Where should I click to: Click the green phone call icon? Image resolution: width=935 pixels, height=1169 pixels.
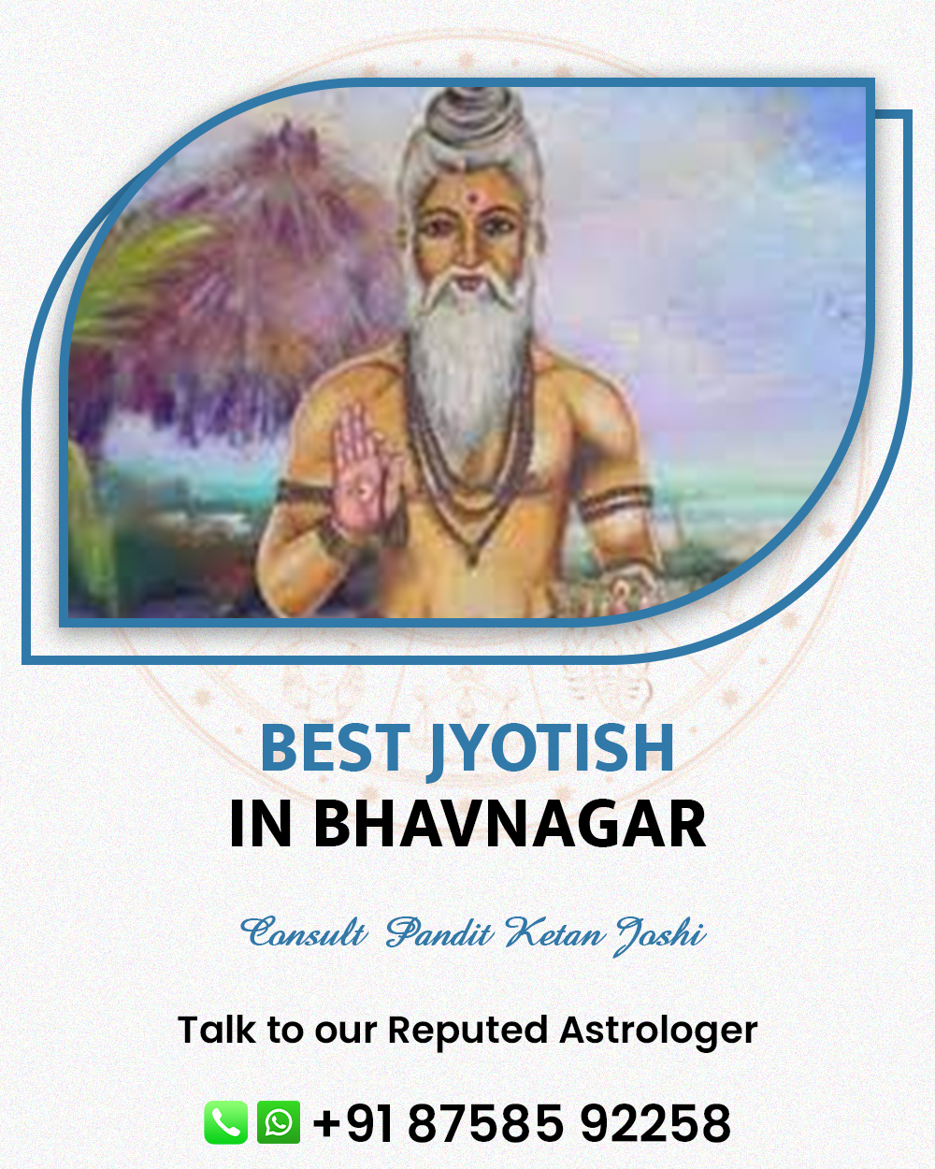tap(225, 1122)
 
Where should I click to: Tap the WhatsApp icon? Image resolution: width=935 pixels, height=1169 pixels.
tap(279, 1122)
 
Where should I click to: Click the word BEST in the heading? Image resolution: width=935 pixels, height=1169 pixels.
tap(335, 748)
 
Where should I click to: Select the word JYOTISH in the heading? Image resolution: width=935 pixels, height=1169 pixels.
tap(551, 752)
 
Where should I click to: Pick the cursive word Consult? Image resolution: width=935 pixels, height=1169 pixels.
tap(304, 932)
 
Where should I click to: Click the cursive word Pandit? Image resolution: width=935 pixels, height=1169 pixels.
tap(439, 932)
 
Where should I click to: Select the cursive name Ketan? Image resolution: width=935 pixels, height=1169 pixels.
tap(554, 932)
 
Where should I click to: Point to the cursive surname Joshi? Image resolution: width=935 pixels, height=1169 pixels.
tap(661, 935)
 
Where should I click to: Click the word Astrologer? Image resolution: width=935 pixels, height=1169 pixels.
tap(658, 1030)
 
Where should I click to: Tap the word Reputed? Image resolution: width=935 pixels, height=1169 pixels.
tap(467, 1031)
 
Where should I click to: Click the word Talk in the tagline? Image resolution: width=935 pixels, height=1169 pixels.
tap(216, 1029)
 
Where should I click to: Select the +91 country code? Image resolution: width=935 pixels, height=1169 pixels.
tap(352, 1123)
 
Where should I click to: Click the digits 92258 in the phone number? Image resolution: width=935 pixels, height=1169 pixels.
tap(655, 1123)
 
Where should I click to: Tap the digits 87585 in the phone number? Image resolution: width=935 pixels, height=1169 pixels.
tap(485, 1123)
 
